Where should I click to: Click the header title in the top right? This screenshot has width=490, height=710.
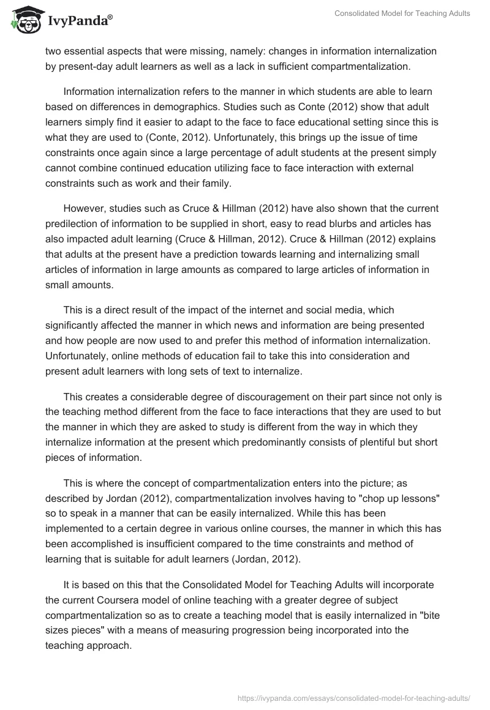click(x=402, y=13)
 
